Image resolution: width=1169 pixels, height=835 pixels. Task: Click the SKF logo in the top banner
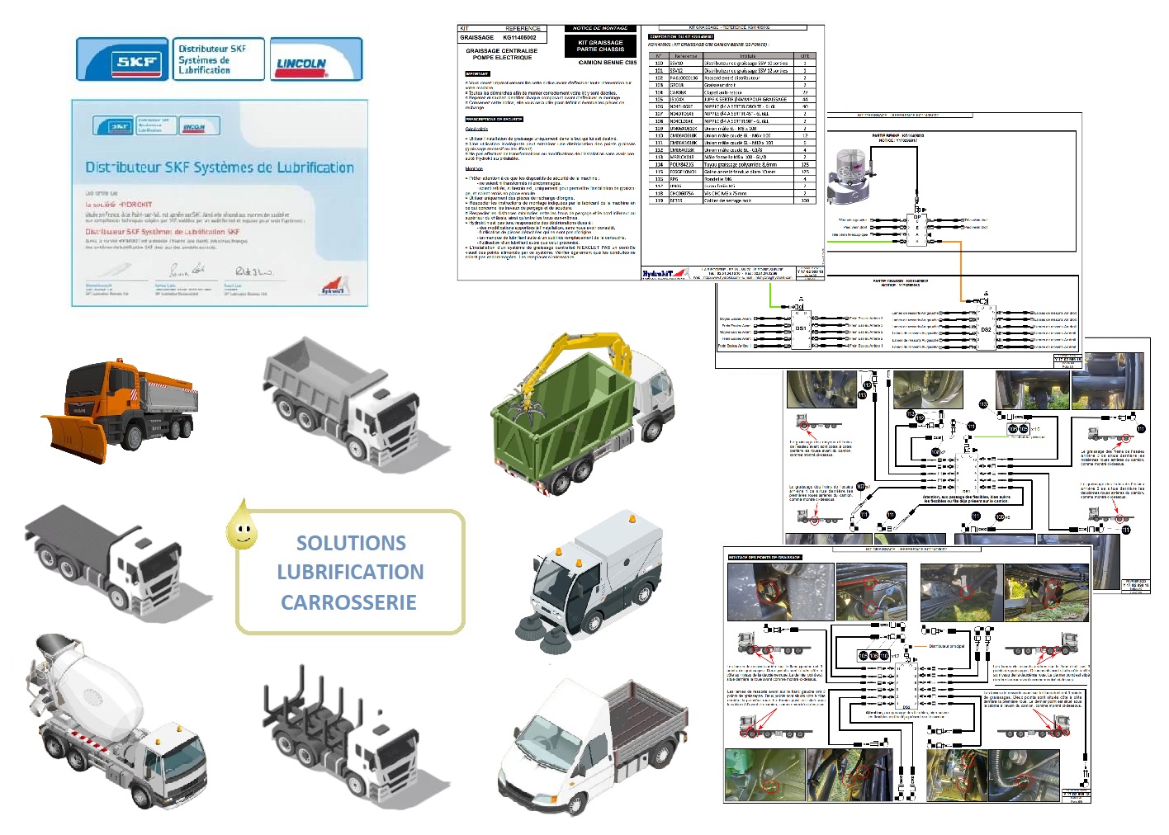122,60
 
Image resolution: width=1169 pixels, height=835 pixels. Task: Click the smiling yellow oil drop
242,527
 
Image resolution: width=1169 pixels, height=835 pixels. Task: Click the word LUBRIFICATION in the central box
350,572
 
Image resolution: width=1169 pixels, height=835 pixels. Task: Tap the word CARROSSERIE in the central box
348,602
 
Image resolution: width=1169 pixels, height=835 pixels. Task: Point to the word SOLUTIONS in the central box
351,543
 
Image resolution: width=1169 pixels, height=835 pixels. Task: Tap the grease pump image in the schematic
851,173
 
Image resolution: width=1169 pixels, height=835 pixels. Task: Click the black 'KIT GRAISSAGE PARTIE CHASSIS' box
600,45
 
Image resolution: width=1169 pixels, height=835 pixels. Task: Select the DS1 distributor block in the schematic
800,328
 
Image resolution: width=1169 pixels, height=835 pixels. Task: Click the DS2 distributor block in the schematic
986,328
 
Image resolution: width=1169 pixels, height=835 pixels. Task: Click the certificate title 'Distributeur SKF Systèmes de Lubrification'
220,167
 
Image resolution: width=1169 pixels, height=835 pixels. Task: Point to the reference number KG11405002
519,37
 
